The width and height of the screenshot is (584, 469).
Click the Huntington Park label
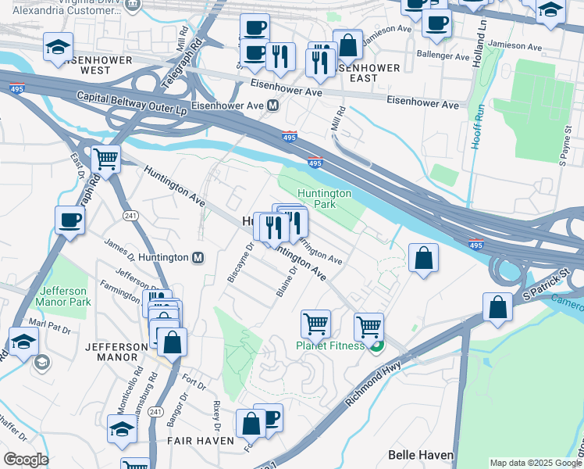click(324, 199)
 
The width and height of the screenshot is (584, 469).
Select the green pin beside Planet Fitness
click(376, 346)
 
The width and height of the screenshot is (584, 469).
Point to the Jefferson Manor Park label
click(65, 296)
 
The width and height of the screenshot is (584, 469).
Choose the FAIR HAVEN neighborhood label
click(201, 441)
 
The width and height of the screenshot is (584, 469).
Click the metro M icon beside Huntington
click(198, 257)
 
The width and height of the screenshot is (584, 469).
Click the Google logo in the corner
click(25, 460)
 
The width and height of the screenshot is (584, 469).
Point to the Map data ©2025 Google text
click(536, 463)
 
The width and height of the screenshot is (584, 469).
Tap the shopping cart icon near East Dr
click(105, 159)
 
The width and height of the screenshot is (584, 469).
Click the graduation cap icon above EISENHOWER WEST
click(58, 47)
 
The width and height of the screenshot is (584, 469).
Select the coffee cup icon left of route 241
click(69, 220)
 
